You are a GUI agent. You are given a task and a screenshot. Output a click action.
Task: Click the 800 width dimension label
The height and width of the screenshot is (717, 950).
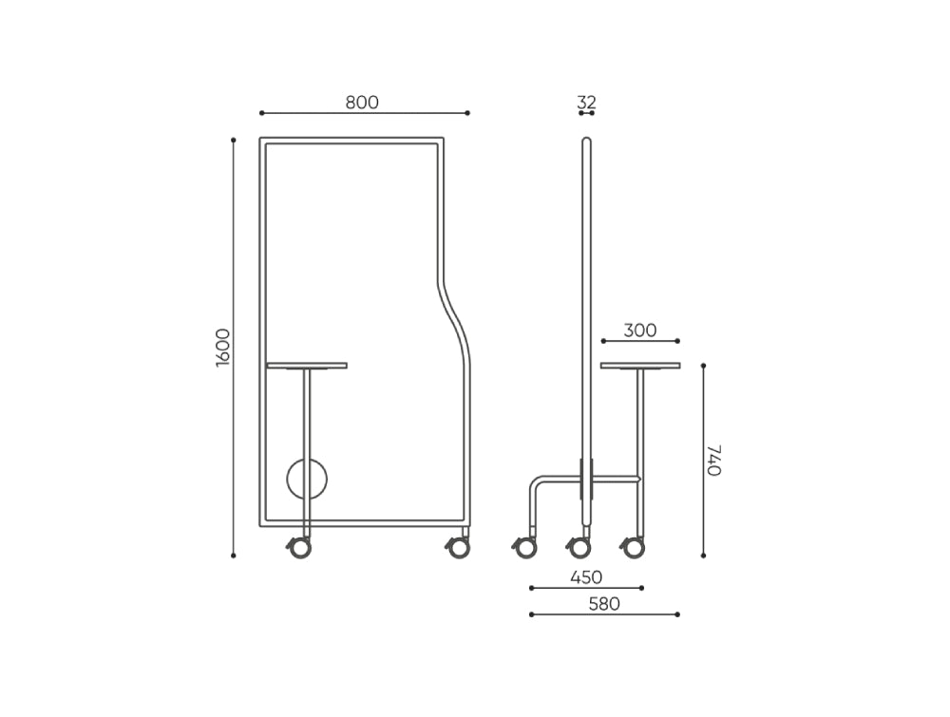[x=362, y=103]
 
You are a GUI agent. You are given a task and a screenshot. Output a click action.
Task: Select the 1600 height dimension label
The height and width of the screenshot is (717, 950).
[x=223, y=348]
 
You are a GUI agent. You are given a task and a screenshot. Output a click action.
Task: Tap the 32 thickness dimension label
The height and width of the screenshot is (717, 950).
[x=586, y=102]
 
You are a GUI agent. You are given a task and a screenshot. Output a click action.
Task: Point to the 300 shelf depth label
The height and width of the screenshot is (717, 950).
[x=640, y=330]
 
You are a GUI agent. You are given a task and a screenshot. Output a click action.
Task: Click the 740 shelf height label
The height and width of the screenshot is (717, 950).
[x=714, y=460]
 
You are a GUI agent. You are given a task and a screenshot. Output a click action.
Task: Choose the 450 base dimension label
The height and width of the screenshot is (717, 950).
[x=586, y=577]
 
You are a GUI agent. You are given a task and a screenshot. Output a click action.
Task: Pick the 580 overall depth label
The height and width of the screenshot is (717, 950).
[x=604, y=604]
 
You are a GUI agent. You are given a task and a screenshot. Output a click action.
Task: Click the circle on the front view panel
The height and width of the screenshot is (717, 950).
[x=307, y=480]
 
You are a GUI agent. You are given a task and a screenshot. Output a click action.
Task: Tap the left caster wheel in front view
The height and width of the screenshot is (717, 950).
[x=299, y=548]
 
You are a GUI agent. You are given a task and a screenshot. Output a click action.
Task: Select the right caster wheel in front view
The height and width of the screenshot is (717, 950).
[x=459, y=548]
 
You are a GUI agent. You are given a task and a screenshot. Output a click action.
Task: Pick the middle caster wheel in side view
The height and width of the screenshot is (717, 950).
[x=579, y=548]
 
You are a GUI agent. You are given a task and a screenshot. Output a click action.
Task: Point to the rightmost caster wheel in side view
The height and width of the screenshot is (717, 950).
[x=632, y=548]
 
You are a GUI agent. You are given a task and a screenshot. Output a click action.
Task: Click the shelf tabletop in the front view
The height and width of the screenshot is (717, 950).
[x=307, y=365]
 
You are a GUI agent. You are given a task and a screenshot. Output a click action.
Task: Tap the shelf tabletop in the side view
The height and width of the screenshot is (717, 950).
[x=640, y=365]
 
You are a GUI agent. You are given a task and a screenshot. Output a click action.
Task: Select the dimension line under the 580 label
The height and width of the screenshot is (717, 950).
[x=604, y=614]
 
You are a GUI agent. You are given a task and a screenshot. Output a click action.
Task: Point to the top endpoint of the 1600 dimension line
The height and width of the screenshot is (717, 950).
[x=234, y=140]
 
